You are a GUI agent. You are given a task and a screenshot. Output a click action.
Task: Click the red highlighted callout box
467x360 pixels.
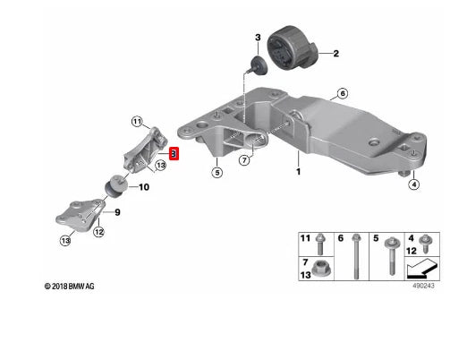[174, 154]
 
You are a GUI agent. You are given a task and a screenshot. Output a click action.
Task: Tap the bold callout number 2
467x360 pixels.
[336, 55]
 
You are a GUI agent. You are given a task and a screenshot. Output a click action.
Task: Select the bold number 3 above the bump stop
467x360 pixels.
[256, 38]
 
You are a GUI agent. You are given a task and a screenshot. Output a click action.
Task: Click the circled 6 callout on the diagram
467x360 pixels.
[340, 92]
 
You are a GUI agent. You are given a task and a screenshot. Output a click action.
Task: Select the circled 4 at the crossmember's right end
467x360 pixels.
[412, 185]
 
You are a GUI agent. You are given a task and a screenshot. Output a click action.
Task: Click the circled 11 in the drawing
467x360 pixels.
[136, 122]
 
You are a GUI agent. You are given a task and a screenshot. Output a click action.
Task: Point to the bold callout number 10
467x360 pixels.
[144, 187]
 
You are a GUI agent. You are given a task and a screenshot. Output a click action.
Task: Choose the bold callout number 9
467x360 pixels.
[116, 213]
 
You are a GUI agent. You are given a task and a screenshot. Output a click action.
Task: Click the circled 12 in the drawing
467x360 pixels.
[99, 232]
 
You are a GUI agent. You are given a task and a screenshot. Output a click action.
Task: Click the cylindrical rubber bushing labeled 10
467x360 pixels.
[115, 185]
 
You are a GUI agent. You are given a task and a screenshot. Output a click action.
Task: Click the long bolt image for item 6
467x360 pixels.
[356, 253]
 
